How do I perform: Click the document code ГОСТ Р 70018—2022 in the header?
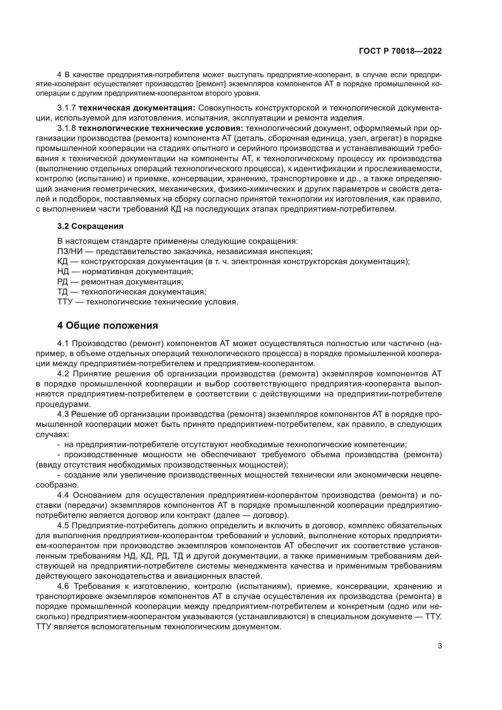coord(400,51)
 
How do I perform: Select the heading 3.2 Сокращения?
coord(90,226)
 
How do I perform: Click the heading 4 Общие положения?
coord(107,326)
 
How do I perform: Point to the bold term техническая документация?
coord(137,108)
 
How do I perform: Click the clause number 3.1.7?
coord(66,108)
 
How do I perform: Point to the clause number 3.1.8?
coord(66,128)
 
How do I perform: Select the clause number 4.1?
coord(63,344)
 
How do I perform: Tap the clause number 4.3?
coord(63,414)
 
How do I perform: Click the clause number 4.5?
coord(63,525)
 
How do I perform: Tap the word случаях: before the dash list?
coord(52,434)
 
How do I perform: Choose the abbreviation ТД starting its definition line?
coord(63,292)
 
